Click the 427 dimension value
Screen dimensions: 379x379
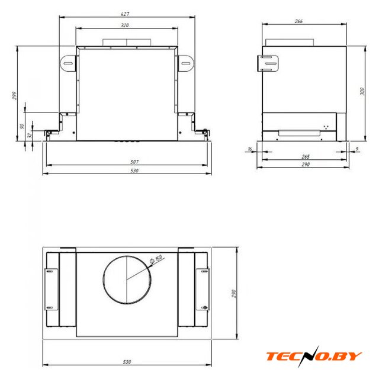coord(125,14)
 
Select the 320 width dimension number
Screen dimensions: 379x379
coord(125,25)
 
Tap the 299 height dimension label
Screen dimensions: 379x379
coord(14,95)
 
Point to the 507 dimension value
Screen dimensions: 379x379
coord(134,162)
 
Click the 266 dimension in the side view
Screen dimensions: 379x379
coord(298,21)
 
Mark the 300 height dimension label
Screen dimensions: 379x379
coord(362,91)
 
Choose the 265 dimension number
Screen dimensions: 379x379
coord(306,156)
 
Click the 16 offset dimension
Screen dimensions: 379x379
coord(250,149)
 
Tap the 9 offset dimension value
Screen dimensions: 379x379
coord(357,149)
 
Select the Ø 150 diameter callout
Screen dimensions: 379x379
coord(156,259)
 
